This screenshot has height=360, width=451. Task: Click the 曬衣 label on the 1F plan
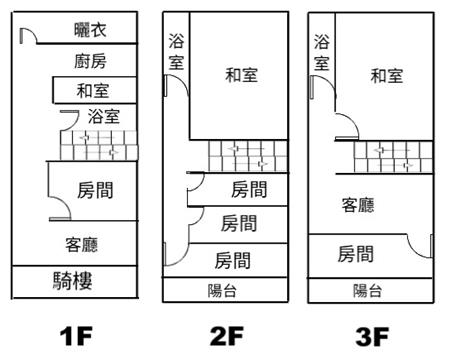tap(90, 30)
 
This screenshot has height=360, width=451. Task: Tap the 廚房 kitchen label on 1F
tap(90, 61)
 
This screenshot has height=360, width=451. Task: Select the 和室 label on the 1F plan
tap(93, 90)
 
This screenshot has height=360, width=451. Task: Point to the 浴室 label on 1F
tap(104, 116)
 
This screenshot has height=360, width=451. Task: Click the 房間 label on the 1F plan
tap(95, 190)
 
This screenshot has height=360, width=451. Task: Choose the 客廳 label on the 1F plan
tap(82, 244)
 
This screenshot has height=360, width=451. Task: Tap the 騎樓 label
tap(72, 281)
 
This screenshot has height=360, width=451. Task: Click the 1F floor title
tap(76, 336)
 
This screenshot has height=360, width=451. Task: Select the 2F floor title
tap(227, 336)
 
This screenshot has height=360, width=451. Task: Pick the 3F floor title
tap(372, 336)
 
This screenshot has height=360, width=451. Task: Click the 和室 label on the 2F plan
tap(241, 75)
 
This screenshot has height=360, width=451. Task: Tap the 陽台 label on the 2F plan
tap(222, 291)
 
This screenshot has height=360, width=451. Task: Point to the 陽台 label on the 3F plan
tap(367, 291)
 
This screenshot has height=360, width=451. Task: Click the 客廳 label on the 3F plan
tap(358, 205)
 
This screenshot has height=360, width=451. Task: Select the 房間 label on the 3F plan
tap(355, 254)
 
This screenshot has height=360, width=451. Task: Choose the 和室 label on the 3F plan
tap(387, 76)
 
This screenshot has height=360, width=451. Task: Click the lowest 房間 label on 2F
tap(232, 260)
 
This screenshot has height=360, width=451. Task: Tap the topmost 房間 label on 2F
tap(249, 189)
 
